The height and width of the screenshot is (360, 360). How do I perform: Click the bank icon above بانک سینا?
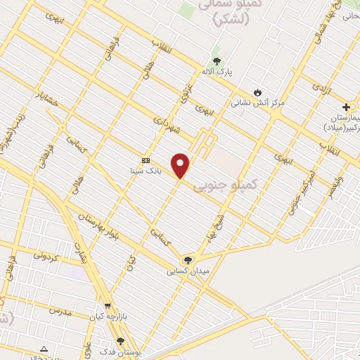pyautogui.click(x=146, y=160)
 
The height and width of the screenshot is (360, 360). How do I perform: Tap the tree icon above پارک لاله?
pyautogui.click(x=217, y=61)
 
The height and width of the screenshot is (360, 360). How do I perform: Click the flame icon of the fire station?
pyautogui.click(x=257, y=92)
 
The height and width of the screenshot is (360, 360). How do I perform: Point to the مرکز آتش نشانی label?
pyautogui.click(x=258, y=103)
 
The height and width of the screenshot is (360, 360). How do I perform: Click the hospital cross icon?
pyautogui.click(x=346, y=106)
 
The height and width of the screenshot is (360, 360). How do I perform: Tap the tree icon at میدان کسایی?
pyautogui.click(x=187, y=260)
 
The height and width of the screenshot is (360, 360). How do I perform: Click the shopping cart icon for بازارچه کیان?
pyautogui.click(x=107, y=306)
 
